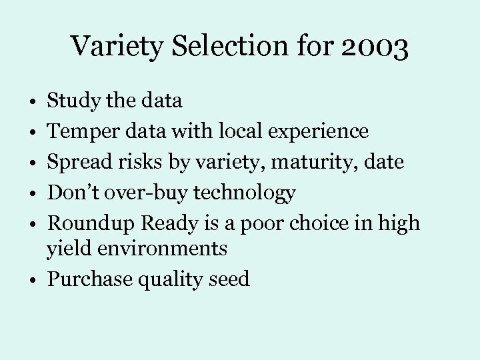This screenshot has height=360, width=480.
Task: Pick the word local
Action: (x=243, y=131)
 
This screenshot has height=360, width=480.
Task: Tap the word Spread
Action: (x=79, y=162)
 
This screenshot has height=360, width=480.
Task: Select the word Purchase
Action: (x=89, y=279)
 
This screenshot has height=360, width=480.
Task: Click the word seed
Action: (x=229, y=279)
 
